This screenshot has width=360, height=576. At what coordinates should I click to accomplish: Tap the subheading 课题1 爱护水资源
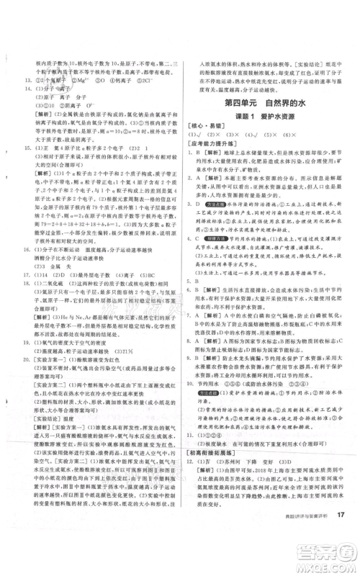pyautogui.click(x=268, y=120)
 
